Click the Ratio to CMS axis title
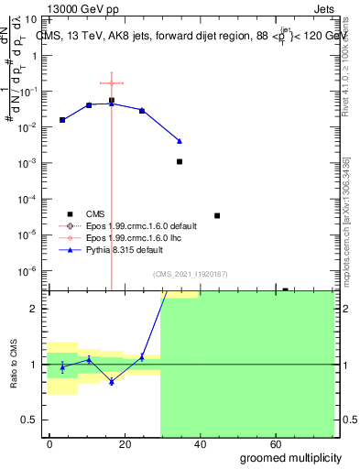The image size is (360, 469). click(16, 365)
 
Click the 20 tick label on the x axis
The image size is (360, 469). click(125, 444)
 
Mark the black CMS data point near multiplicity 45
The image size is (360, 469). click(217, 215)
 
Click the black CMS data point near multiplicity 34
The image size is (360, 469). click(180, 161)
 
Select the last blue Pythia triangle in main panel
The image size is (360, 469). click(180, 141)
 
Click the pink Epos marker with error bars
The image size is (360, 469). click(111, 83)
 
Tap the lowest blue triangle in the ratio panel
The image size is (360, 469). click(111, 381)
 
